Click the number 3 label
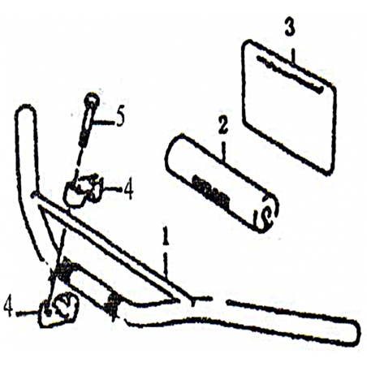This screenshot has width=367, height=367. [290, 26]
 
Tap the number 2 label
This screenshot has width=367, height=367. [222, 125]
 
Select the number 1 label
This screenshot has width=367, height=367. [166, 236]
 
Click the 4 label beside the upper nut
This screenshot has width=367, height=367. [128, 190]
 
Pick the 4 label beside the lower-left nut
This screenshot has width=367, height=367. [8, 308]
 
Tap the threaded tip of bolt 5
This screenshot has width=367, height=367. [83, 140]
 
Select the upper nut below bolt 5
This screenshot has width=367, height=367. [81, 190]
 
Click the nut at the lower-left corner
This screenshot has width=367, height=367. [58, 309]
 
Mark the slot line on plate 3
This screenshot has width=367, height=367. [289, 74]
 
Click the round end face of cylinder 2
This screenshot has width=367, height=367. [266, 214]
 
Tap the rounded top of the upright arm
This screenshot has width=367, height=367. [26, 108]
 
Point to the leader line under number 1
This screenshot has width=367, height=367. [166, 264]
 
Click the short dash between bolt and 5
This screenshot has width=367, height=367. [104, 123]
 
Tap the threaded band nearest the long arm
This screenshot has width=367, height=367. [114, 306]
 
